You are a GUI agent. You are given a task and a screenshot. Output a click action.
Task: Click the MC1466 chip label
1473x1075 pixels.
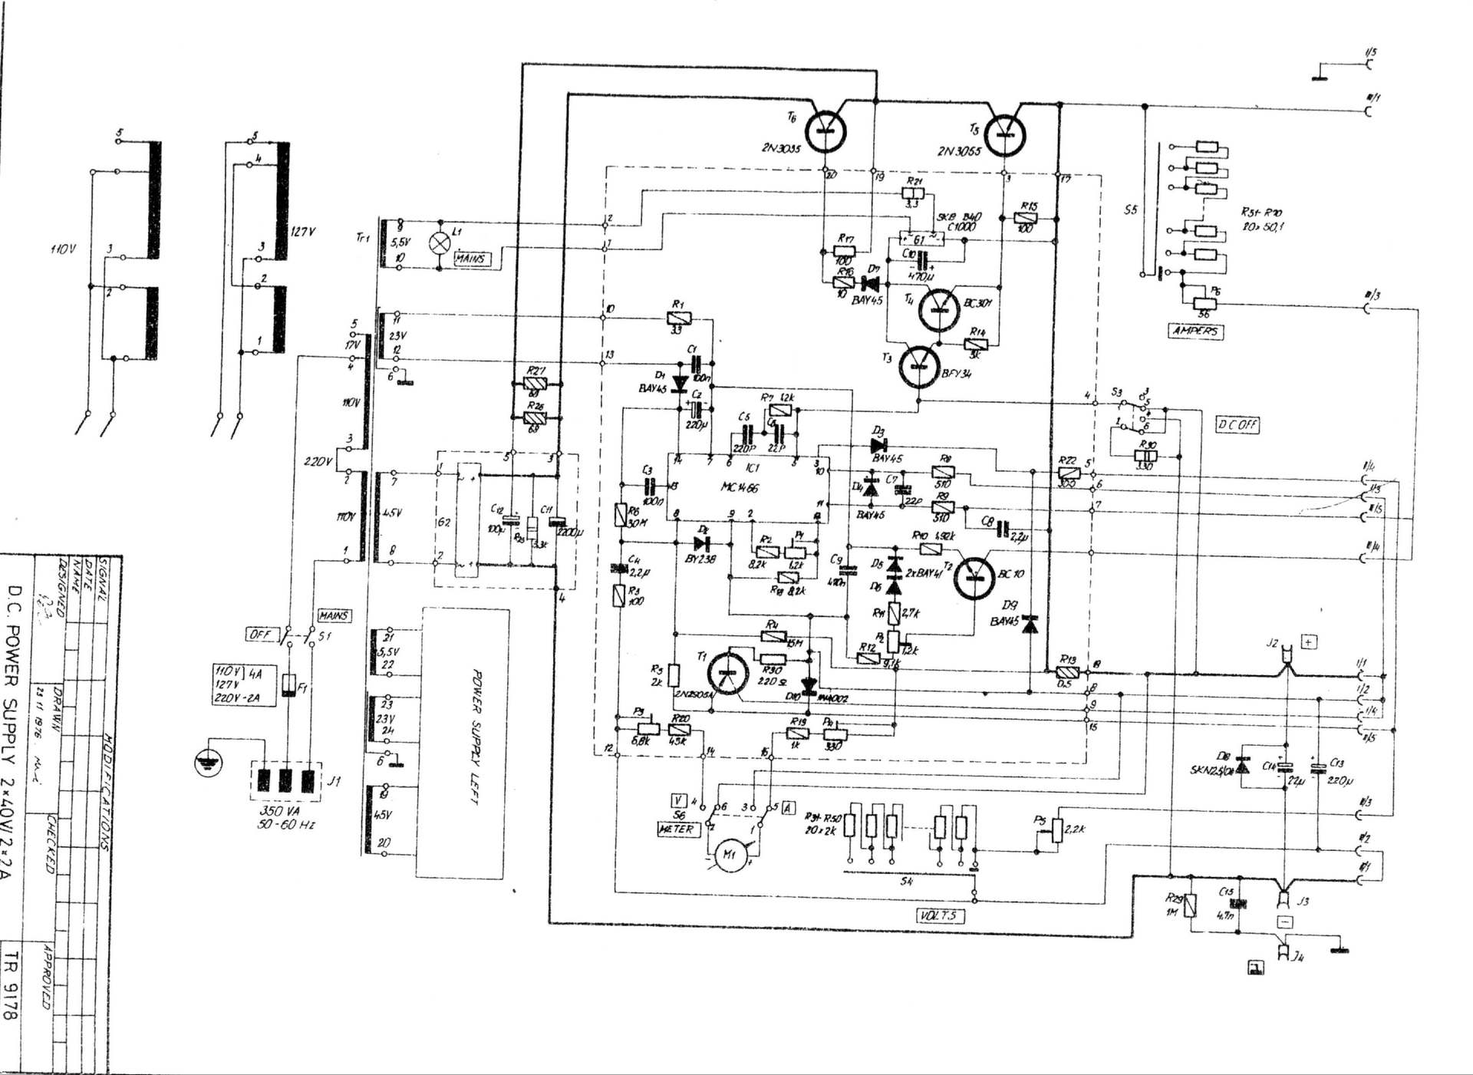tap(740, 487)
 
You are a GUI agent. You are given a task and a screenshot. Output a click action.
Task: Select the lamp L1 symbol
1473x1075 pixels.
tap(439, 242)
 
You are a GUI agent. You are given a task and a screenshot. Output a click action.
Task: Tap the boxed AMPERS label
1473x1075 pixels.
tap(1195, 331)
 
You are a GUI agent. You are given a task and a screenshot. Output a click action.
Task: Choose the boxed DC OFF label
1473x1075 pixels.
tap(1237, 424)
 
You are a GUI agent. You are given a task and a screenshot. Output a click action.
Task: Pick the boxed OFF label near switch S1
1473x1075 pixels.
tap(259, 634)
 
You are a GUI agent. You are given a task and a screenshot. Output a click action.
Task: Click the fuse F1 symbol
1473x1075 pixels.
tap(289, 684)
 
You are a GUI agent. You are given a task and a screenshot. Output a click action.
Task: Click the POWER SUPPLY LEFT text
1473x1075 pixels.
tap(474, 737)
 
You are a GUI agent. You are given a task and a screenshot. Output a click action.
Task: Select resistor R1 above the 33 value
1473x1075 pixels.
tap(677, 318)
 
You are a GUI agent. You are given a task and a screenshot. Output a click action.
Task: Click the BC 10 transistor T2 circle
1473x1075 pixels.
tap(974, 576)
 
